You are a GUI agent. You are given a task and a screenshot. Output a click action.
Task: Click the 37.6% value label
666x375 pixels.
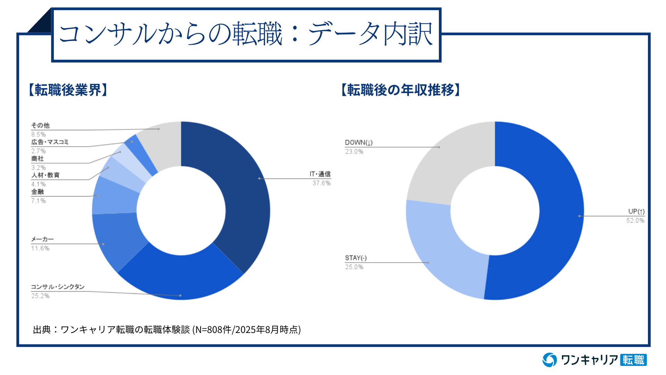[x=321, y=183]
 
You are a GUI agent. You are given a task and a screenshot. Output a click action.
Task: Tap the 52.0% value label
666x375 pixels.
[x=635, y=220]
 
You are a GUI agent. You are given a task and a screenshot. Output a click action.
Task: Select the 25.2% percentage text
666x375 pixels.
[x=40, y=296]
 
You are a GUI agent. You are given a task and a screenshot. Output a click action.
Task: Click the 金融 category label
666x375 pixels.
[x=37, y=192]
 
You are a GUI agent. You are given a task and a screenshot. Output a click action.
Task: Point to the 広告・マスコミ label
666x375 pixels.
[x=50, y=142]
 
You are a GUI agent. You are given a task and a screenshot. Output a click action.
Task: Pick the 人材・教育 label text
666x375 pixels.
[x=45, y=175]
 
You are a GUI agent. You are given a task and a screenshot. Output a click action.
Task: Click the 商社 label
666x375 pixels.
[x=37, y=159]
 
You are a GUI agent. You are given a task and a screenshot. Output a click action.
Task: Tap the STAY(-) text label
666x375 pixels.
[x=356, y=258]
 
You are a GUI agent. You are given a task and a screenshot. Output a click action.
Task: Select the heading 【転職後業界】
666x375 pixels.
[x=68, y=90]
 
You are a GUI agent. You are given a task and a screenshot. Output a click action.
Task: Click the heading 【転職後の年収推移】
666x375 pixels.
[x=401, y=90]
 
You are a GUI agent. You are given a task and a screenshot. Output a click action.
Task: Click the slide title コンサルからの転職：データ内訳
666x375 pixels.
[x=246, y=34]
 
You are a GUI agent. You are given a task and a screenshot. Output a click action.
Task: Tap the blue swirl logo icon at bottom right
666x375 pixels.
[x=550, y=360]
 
